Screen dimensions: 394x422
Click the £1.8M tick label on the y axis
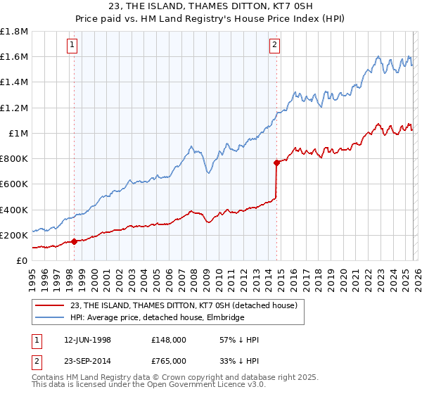point(14,32)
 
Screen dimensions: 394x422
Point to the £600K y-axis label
point(14,184)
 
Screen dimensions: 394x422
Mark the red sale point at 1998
point(75,242)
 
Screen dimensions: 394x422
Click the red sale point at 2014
point(276,163)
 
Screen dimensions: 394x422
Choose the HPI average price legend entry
point(157,318)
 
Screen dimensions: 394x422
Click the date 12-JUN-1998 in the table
point(92,340)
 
